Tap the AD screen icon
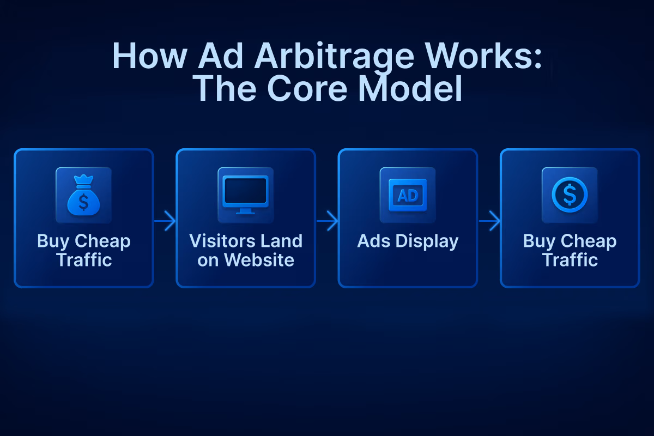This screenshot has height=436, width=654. point(408,195)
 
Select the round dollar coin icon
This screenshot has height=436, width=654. point(570,195)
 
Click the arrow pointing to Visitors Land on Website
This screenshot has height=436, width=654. point(165,221)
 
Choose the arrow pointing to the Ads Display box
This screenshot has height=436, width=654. point(327,221)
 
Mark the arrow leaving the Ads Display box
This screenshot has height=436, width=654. point(489,221)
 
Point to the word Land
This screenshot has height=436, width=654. point(283,241)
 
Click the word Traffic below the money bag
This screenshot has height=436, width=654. point(84,259)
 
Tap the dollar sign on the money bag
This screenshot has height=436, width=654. point(83,202)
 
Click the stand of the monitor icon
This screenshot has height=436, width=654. point(245,211)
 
